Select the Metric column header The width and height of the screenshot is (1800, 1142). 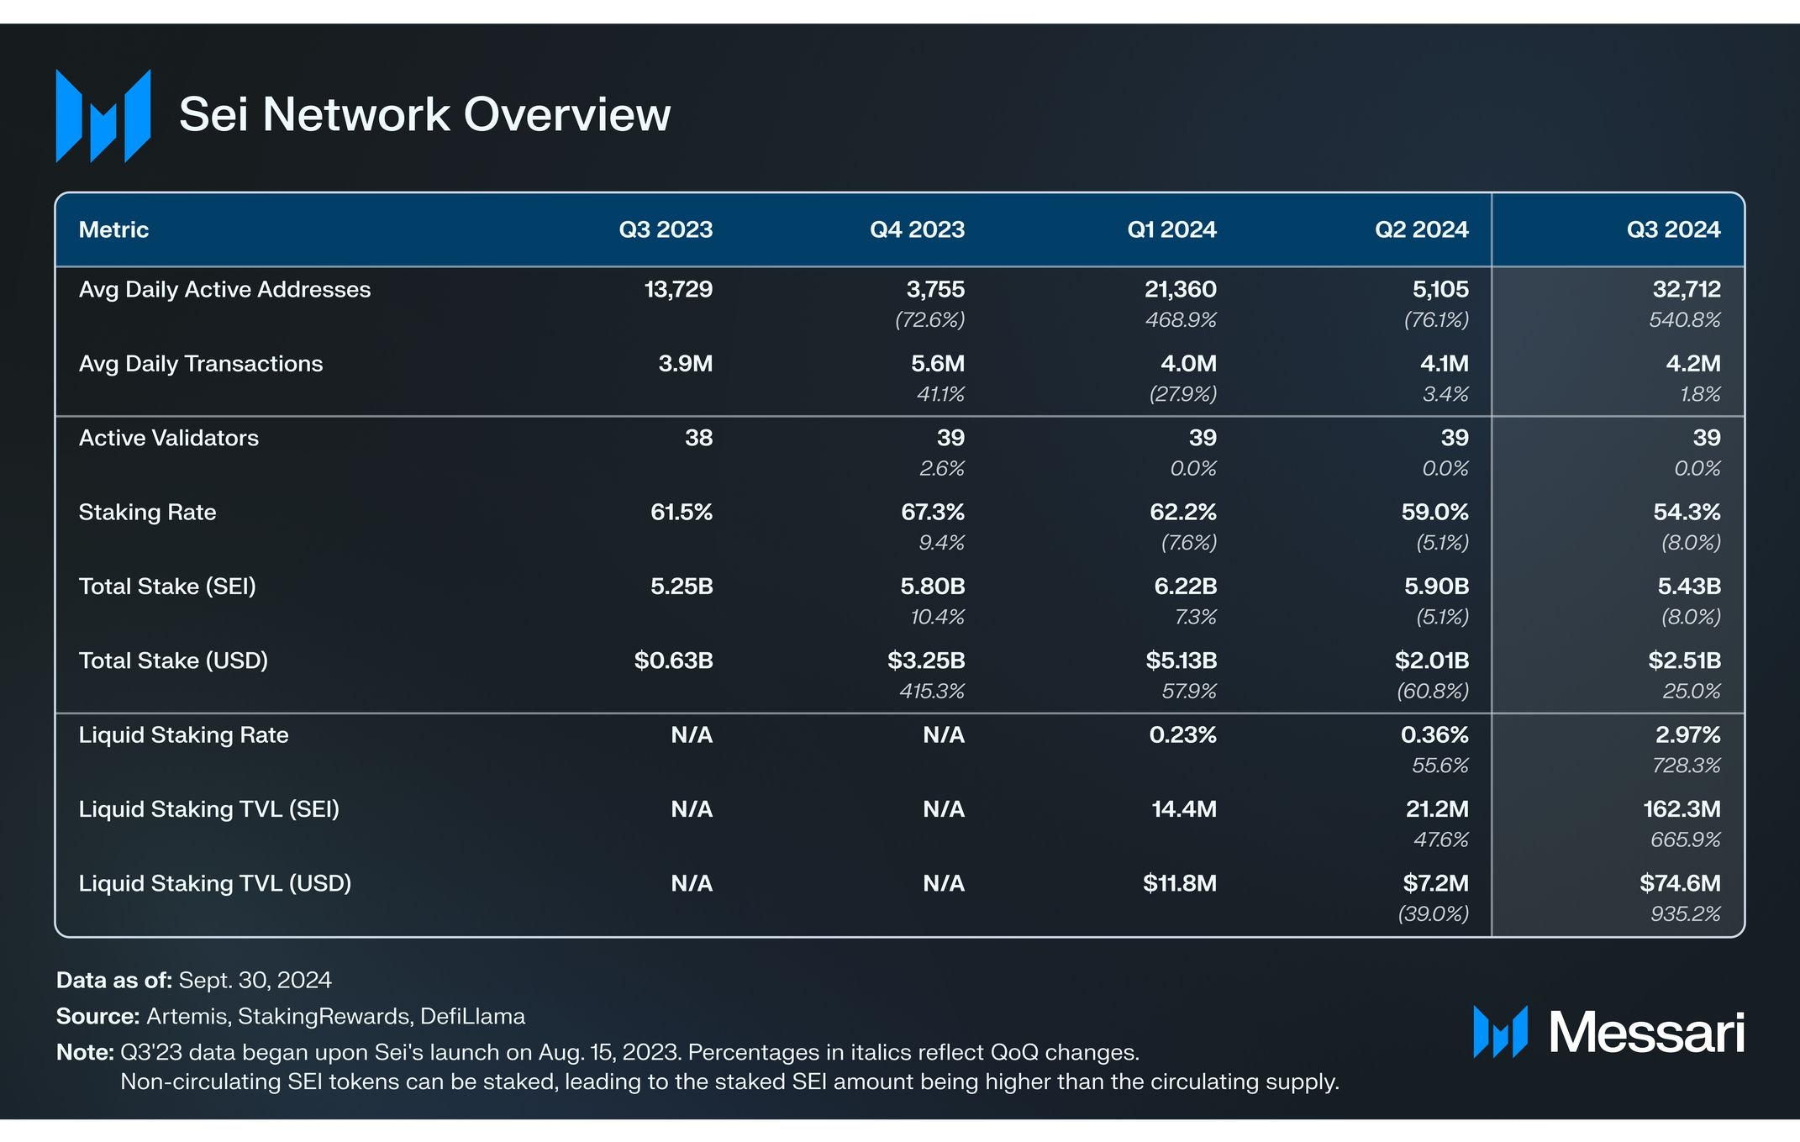point(113,229)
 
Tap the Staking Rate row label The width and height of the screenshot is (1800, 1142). point(147,512)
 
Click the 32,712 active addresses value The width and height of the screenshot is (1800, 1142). point(1686,289)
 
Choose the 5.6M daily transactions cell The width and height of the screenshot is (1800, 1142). point(937,364)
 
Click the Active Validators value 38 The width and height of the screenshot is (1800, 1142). point(698,438)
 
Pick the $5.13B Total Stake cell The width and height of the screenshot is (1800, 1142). point(1181,660)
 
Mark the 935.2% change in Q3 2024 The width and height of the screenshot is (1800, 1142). point(1685,913)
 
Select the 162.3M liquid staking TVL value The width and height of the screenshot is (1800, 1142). point(1681,809)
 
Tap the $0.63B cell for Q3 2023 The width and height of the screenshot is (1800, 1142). point(673,660)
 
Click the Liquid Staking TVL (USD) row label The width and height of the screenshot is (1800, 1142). point(215,883)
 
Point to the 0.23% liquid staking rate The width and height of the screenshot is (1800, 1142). point(1182,735)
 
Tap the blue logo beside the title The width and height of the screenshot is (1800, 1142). point(103,116)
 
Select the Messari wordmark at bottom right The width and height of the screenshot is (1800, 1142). point(1645,1032)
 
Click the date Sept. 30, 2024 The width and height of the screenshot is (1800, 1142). point(255,980)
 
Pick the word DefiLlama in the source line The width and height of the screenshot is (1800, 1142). point(472,1016)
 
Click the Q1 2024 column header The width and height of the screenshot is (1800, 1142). point(1171,229)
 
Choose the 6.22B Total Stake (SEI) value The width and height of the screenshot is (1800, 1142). point(1185,587)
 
